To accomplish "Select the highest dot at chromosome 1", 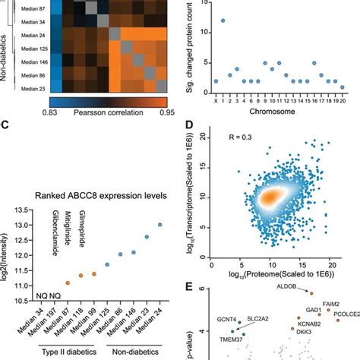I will pos(222,21).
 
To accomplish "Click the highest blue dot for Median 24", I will pos(159,224).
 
